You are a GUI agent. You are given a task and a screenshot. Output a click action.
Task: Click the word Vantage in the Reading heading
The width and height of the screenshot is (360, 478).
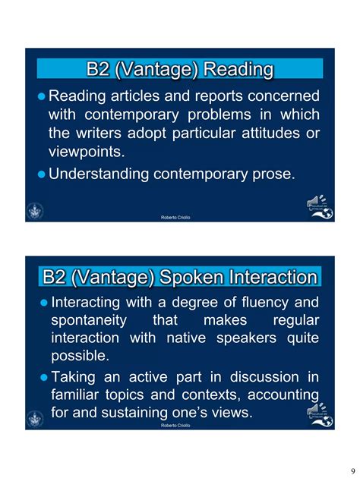[x=159, y=70]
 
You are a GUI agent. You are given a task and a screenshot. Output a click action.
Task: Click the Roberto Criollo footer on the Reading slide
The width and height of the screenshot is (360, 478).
[x=175, y=218]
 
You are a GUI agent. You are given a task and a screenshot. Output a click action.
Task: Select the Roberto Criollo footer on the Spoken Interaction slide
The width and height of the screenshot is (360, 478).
[x=175, y=426]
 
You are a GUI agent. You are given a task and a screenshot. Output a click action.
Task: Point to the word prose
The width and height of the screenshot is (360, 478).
[x=271, y=174]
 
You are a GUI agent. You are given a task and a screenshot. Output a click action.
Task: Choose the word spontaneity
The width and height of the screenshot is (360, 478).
[x=90, y=320]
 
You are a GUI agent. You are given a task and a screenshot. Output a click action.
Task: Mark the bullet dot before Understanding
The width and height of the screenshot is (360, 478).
[x=41, y=174]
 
